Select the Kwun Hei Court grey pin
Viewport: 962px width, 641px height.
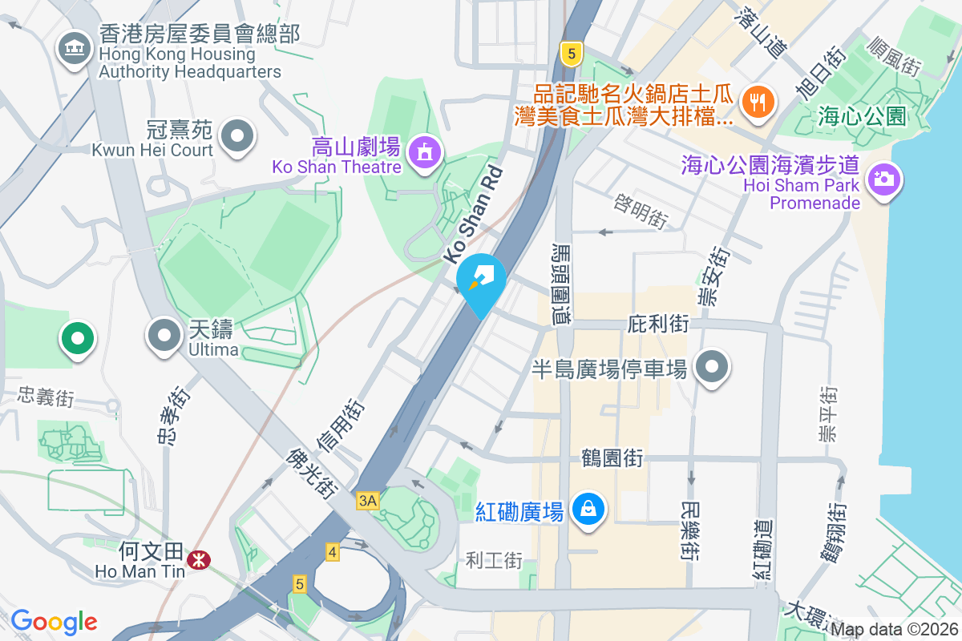(x=237, y=136)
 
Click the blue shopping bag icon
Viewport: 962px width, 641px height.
(x=588, y=508)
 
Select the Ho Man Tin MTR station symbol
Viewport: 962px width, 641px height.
(x=195, y=561)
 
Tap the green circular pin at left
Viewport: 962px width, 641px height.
(x=77, y=338)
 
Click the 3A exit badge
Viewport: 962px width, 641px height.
(x=367, y=501)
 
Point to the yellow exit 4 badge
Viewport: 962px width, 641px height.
(x=333, y=551)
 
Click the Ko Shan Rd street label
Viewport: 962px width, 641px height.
(x=473, y=215)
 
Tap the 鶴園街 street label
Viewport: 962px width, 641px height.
(x=612, y=458)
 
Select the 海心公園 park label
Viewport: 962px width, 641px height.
(x=862, y=117)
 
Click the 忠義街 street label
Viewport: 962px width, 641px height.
(x=46, y=396)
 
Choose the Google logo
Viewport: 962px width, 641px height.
(x=54, y=622)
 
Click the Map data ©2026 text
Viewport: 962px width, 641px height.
(x=894, y=630)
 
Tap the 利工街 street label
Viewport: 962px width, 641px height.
(x=494, y=560)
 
